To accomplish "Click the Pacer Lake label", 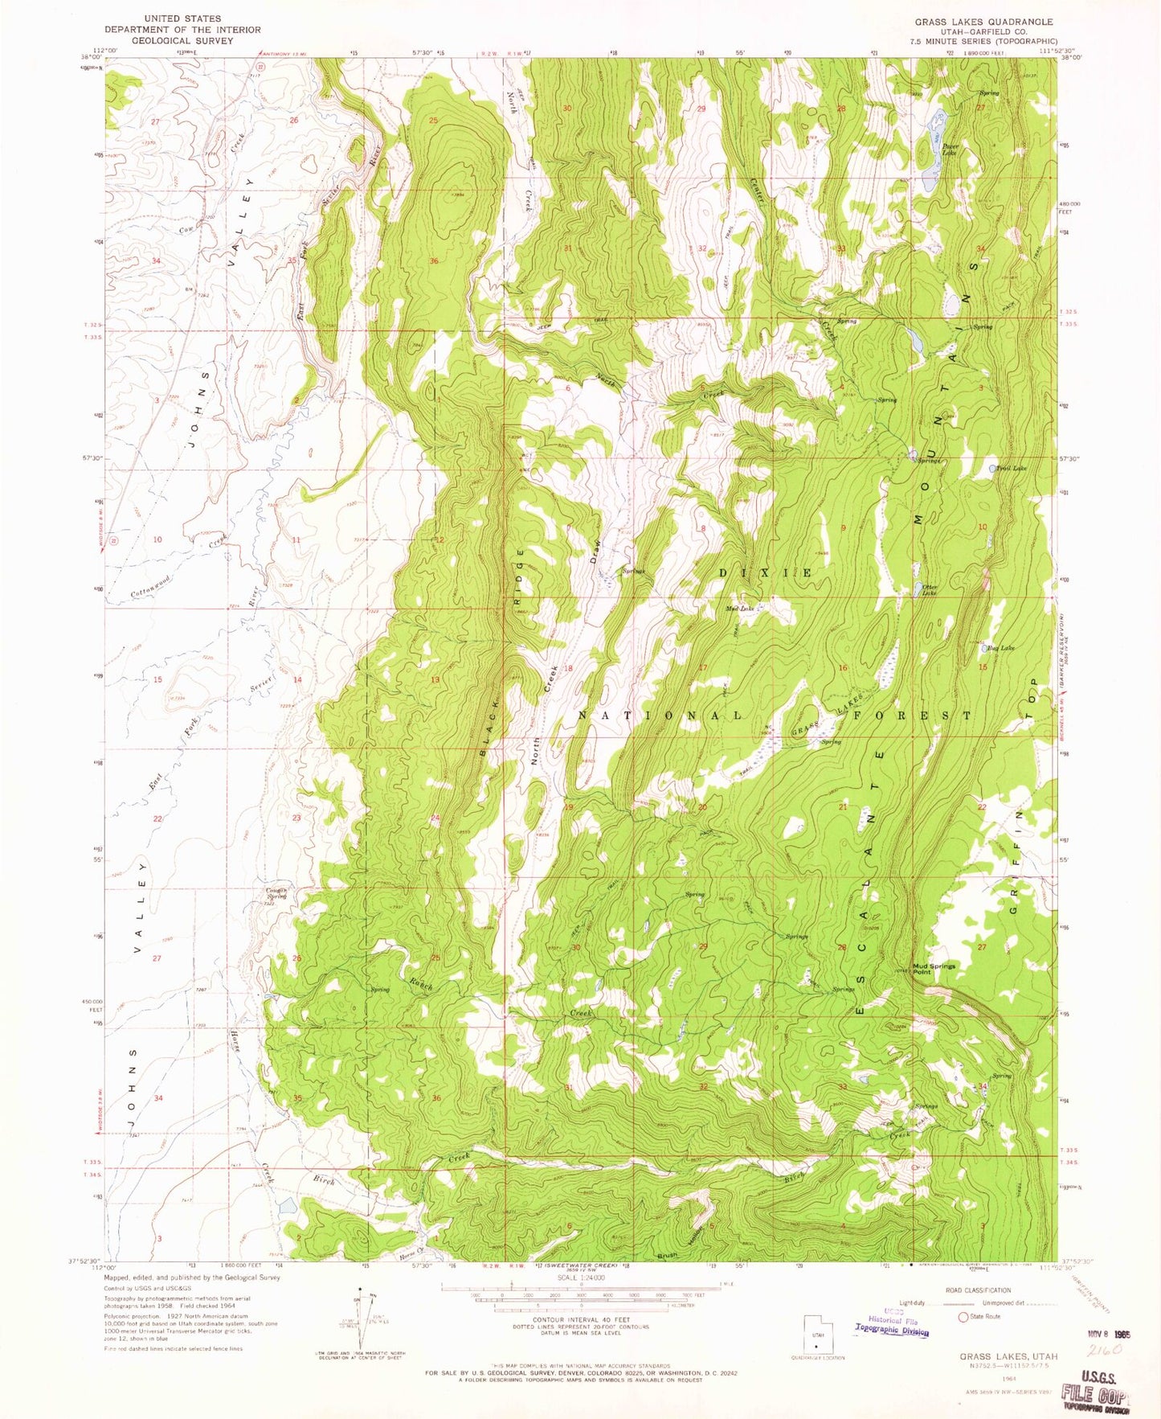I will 950,149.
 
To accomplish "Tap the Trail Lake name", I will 1011,468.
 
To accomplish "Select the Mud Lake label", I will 740,609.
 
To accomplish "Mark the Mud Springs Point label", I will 934,969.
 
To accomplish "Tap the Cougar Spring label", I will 276,893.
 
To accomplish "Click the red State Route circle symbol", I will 963,1317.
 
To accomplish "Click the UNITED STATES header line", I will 182,18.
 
